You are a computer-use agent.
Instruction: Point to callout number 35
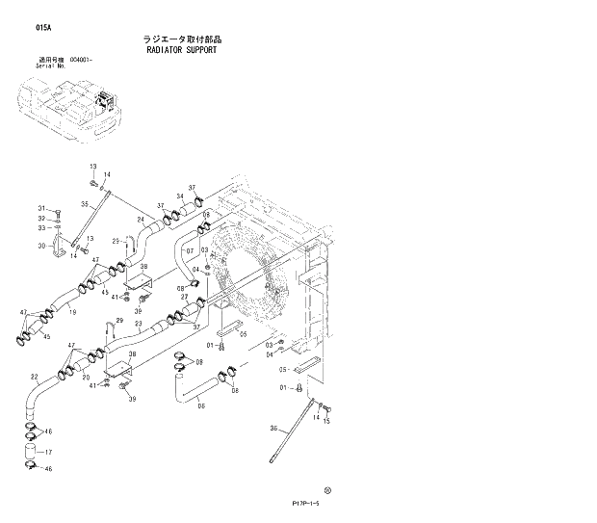click(85, 204)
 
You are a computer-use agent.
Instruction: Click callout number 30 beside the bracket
click(42, 246)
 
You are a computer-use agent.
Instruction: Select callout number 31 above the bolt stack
click(42, 209)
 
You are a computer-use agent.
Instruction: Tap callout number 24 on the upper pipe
click(140, 221)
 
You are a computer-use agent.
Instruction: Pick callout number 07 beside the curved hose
click(190, 251)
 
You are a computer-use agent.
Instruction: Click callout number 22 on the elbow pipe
click(34, 377)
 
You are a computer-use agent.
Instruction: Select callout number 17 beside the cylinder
click(48, 452)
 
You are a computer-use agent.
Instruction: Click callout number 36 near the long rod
click(273, 429)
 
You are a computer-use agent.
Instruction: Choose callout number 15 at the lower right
click(326, 421)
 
